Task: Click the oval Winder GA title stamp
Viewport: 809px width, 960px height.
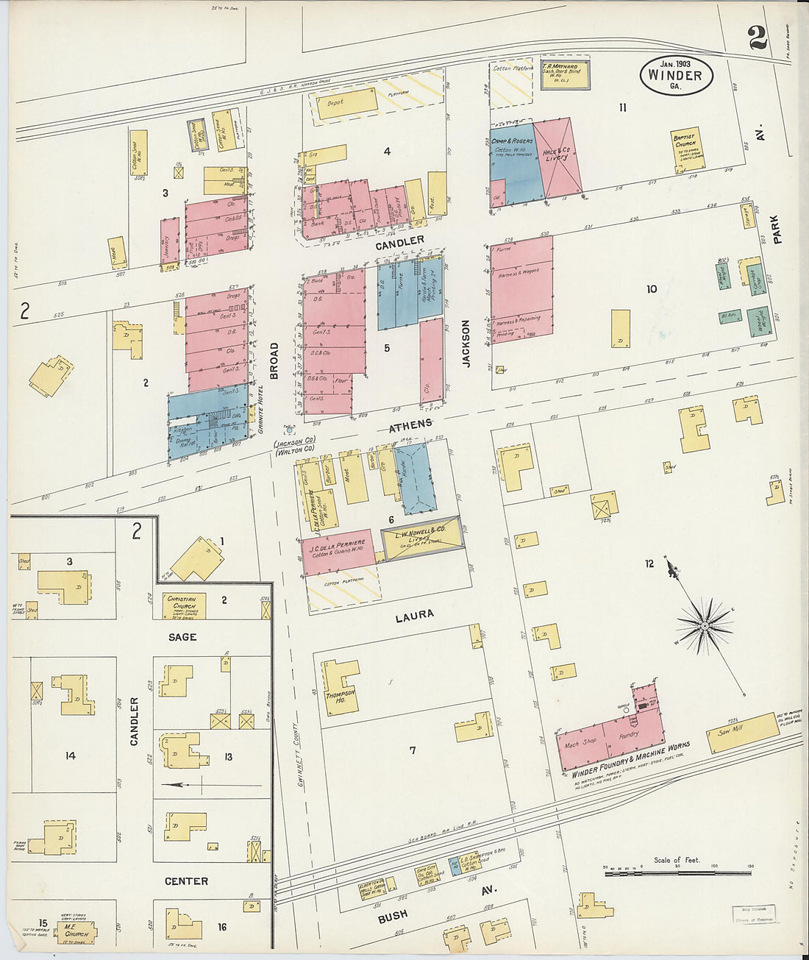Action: [675, 74]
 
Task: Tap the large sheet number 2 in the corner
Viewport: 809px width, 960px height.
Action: [758, 38]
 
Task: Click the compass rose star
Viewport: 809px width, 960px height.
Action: [704, 626]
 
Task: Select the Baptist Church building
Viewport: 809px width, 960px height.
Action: [686, 150]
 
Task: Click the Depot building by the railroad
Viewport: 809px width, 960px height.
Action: [346, 103]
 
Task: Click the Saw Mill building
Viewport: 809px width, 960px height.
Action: [742, 732]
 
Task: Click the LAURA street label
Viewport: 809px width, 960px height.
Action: [414, 615]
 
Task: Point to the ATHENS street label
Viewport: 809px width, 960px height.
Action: [410, 425]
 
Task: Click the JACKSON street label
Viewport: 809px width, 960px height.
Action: [466, 343]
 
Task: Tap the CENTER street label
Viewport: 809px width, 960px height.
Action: [186, 881]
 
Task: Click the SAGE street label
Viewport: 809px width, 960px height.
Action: [182, 636]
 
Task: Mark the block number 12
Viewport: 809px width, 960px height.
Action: [649, 563]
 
